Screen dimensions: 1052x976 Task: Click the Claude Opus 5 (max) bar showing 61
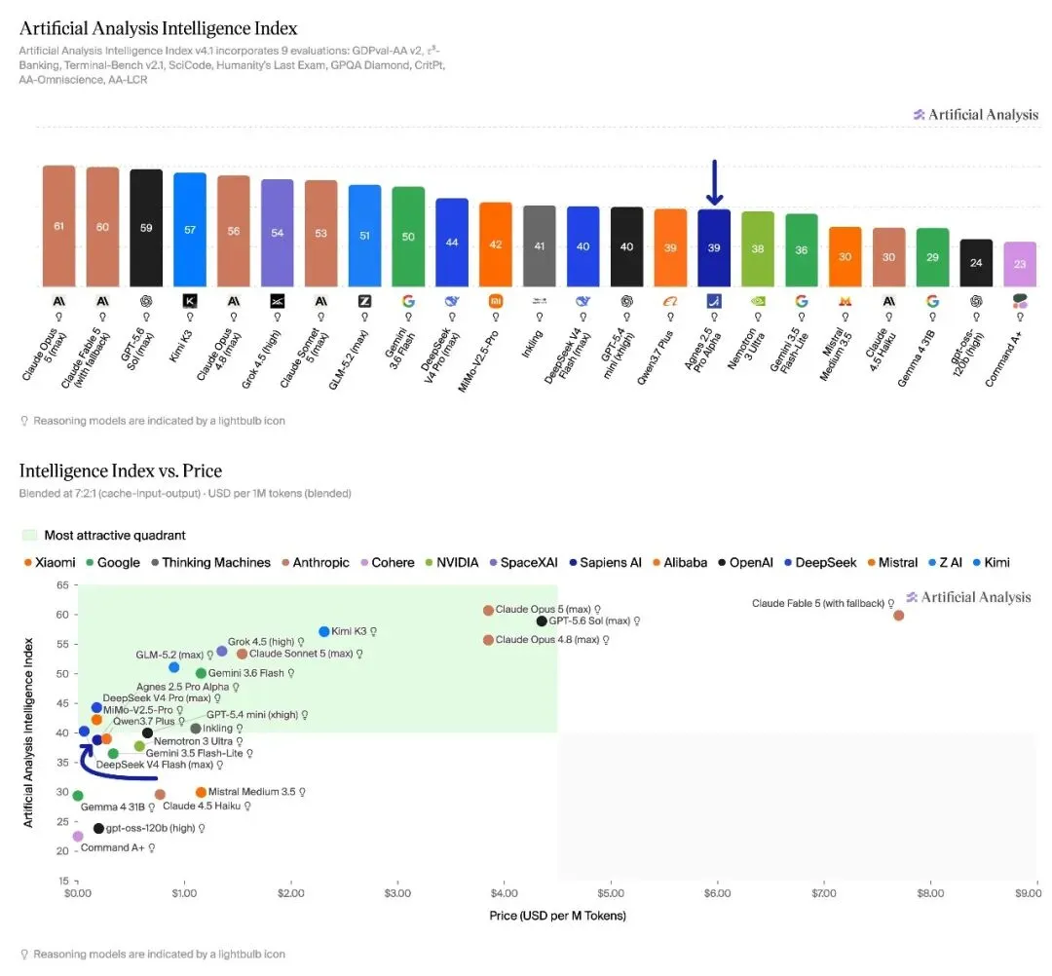[59, 226]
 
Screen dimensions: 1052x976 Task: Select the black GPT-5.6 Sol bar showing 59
[146, 228]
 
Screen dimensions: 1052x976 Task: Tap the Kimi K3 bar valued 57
[190, 230]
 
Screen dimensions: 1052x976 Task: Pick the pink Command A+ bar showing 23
[1020, 264]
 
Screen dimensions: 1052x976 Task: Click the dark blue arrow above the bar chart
[715, 182]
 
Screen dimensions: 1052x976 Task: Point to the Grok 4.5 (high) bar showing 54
[277, 234]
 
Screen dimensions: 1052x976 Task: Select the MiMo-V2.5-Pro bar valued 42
[496, 244]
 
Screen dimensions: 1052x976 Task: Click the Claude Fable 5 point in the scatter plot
[898, 616]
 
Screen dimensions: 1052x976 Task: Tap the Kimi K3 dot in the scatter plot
[324, 632]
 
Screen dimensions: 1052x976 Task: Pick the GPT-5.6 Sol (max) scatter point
[542, 621]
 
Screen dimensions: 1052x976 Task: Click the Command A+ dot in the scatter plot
[78, 837]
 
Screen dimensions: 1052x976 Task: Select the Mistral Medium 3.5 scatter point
[201, 792]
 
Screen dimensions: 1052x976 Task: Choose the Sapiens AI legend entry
[605, 563]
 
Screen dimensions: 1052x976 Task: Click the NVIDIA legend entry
[452, 563]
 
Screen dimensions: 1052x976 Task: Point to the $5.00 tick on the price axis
[611, 893]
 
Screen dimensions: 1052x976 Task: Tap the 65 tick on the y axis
[62, 585]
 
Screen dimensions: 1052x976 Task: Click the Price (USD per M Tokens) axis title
[557, 916]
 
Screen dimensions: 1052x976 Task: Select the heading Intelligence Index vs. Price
[121, 470]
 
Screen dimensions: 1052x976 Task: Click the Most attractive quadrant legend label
[115, 536]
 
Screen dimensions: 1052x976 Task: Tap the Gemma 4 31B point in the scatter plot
[78, 796]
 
